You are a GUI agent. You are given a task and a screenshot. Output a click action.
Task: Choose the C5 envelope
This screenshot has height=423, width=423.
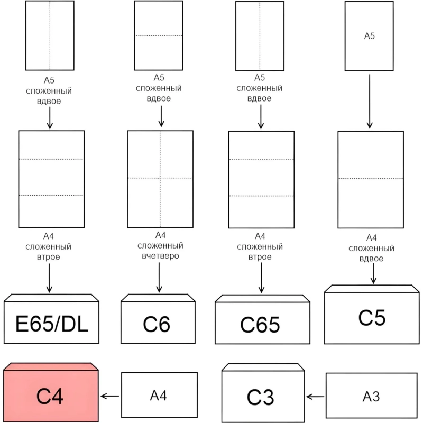(372, 317)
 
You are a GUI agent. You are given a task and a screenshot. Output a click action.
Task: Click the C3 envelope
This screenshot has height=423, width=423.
(261, 396)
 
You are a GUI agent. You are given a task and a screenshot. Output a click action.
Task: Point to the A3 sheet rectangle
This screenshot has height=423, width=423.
(372, 396)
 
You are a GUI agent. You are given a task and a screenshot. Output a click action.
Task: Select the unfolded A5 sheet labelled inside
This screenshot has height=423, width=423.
(369, 36)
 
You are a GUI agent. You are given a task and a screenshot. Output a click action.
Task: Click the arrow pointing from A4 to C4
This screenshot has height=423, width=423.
(111, 396)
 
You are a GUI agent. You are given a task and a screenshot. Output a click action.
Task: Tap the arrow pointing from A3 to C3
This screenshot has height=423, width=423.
(316, 396)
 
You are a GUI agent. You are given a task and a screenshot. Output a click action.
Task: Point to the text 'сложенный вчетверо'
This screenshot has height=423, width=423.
(160, 251)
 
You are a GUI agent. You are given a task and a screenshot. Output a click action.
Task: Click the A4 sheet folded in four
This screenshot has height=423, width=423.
(160, 178)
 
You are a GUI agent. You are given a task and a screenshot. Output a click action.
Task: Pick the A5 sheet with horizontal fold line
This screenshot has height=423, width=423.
(158, 35)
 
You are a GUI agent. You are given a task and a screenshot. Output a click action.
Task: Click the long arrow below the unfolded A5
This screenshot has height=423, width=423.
(370, 101)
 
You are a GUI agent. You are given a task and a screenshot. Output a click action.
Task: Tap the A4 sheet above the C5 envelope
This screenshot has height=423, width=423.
(370, 179)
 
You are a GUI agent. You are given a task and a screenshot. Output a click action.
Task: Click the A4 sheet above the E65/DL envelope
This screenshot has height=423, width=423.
(51, 178)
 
